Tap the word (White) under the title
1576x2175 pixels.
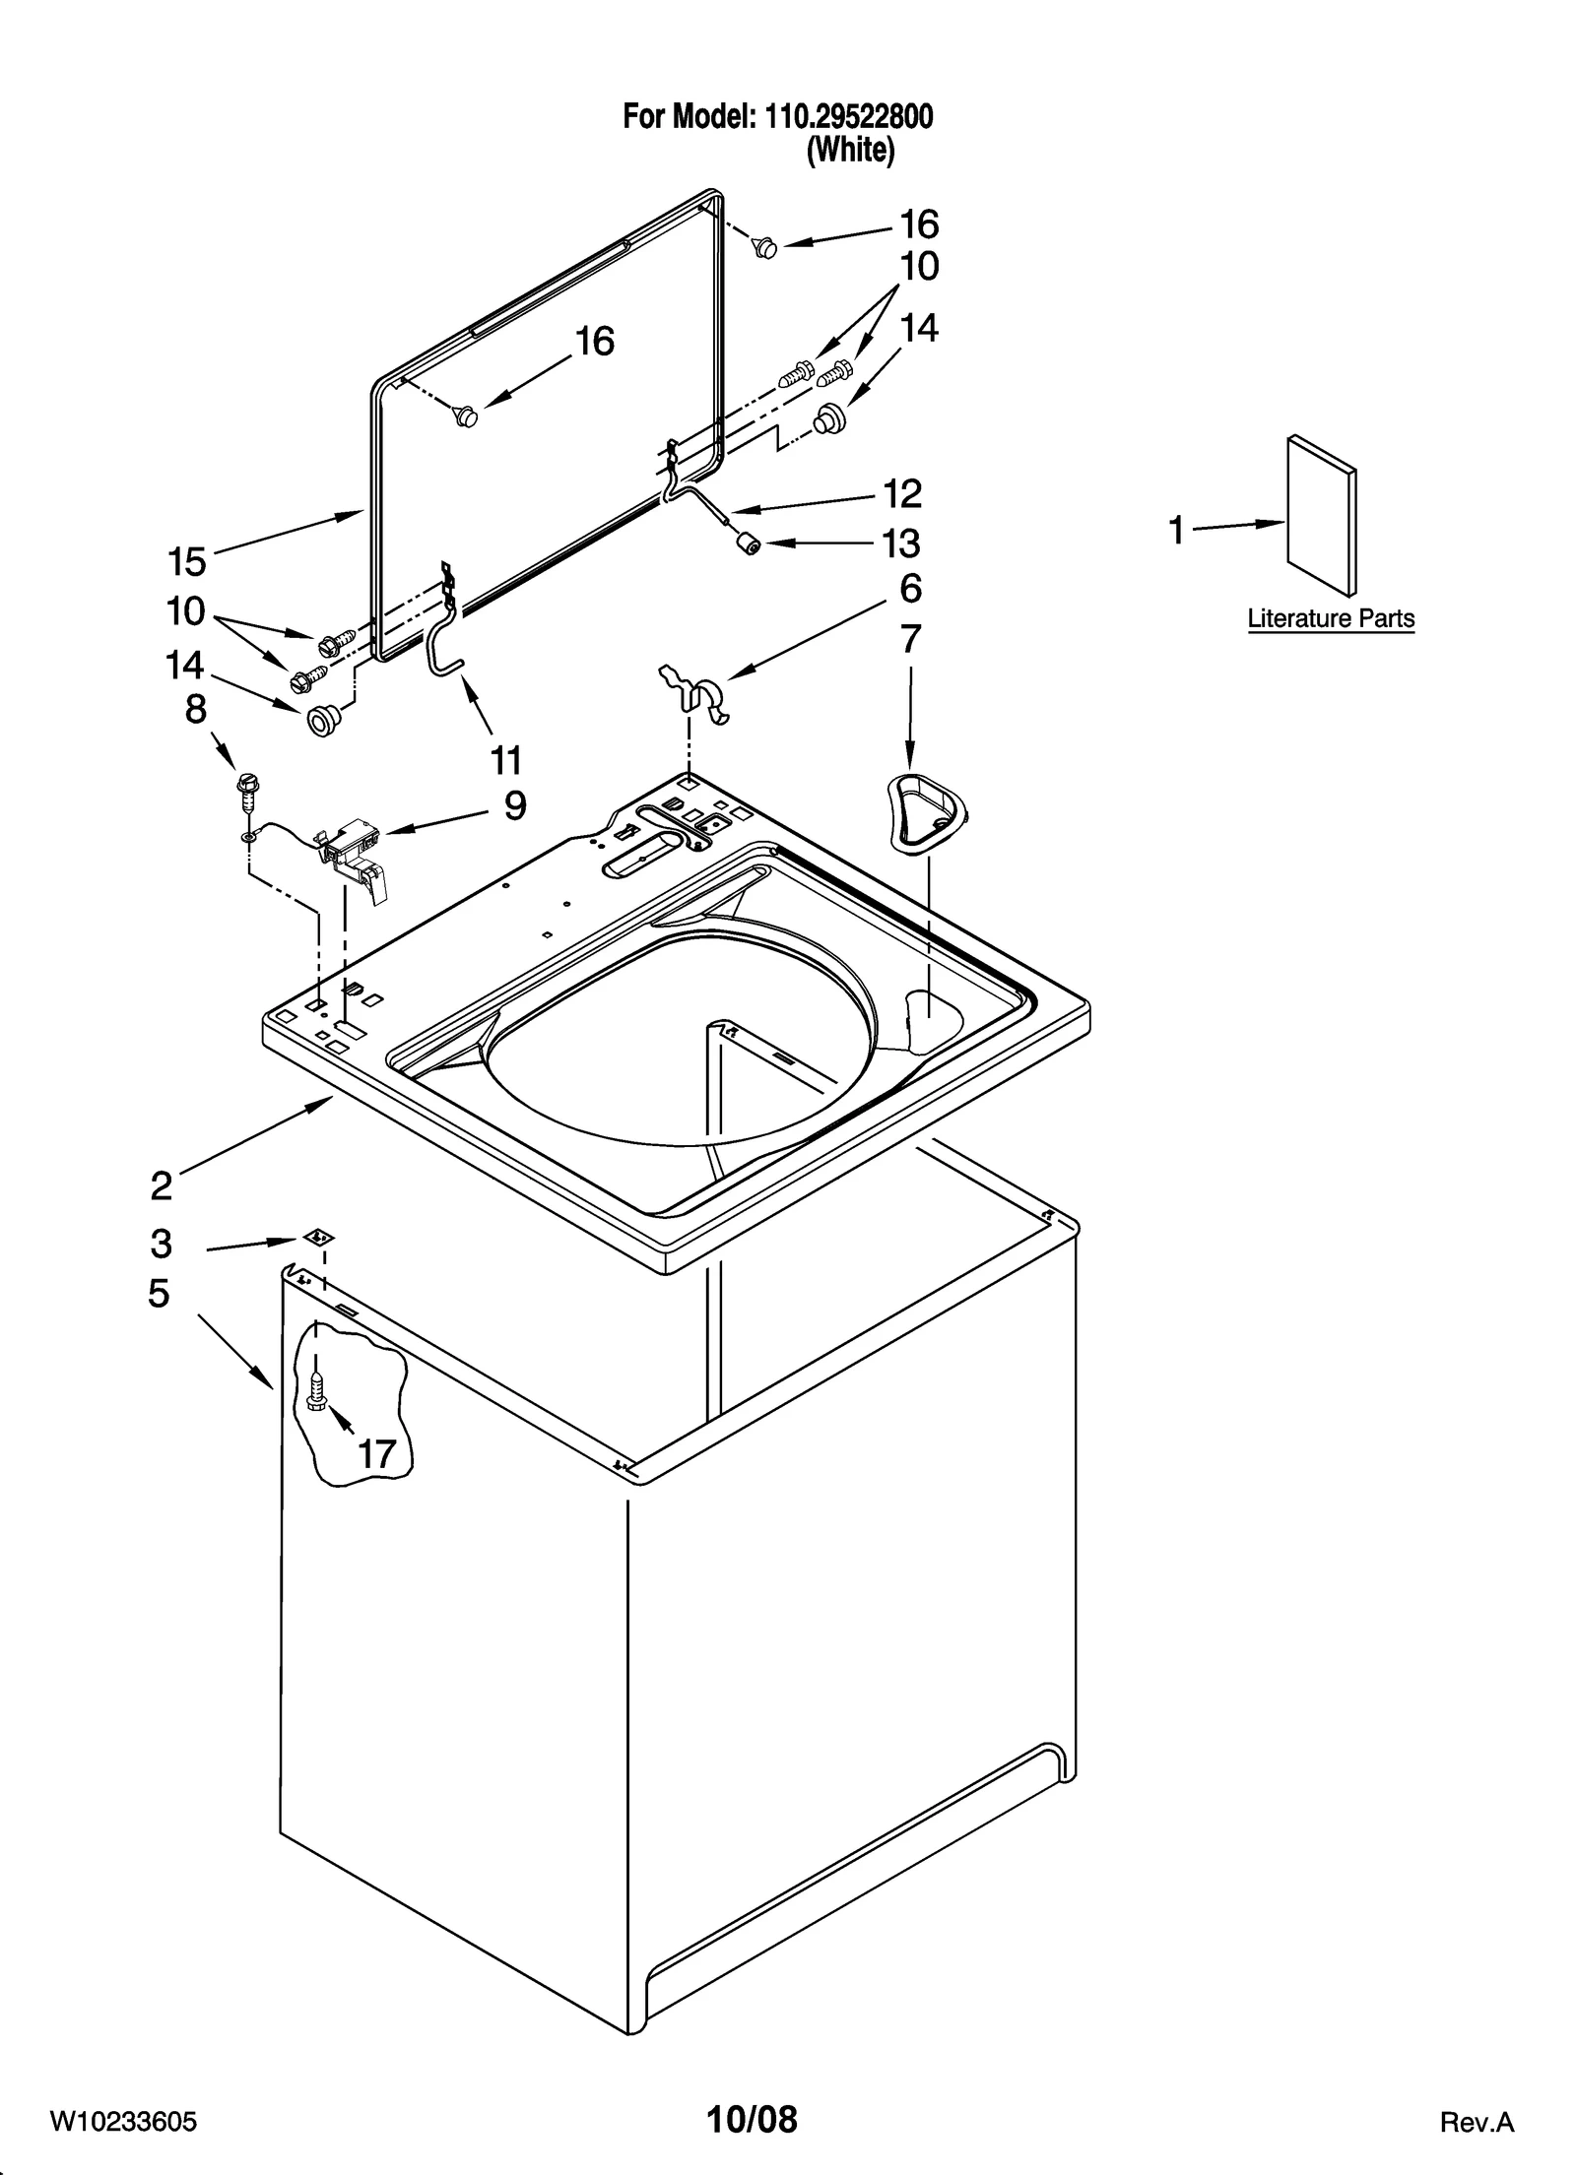pyautogui.click(x=850, y=151)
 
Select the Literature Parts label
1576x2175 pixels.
pyautogui.click(x=1330, y=619)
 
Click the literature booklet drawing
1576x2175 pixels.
pyautogui.click(x=1321, y=516)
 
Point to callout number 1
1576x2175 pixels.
pyautogui.click(x=1176, y=531)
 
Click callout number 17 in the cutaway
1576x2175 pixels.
pyautogui.click(x=376, y=1453)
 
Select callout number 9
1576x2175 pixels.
pyautogui.click(x=514, y=806)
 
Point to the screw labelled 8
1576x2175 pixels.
pyautogui.click(x=245, y=789)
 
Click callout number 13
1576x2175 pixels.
pyautogui.click(x=901, y=544)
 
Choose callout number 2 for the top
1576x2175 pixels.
pyautogui.click(x=162, y=1185)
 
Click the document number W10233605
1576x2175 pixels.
pyautogui.click(x=124, y=2121)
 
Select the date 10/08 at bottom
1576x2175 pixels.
pyautogui.click(x=752, y=2117)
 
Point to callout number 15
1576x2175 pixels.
pyautogui.click(x=187, y=562)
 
